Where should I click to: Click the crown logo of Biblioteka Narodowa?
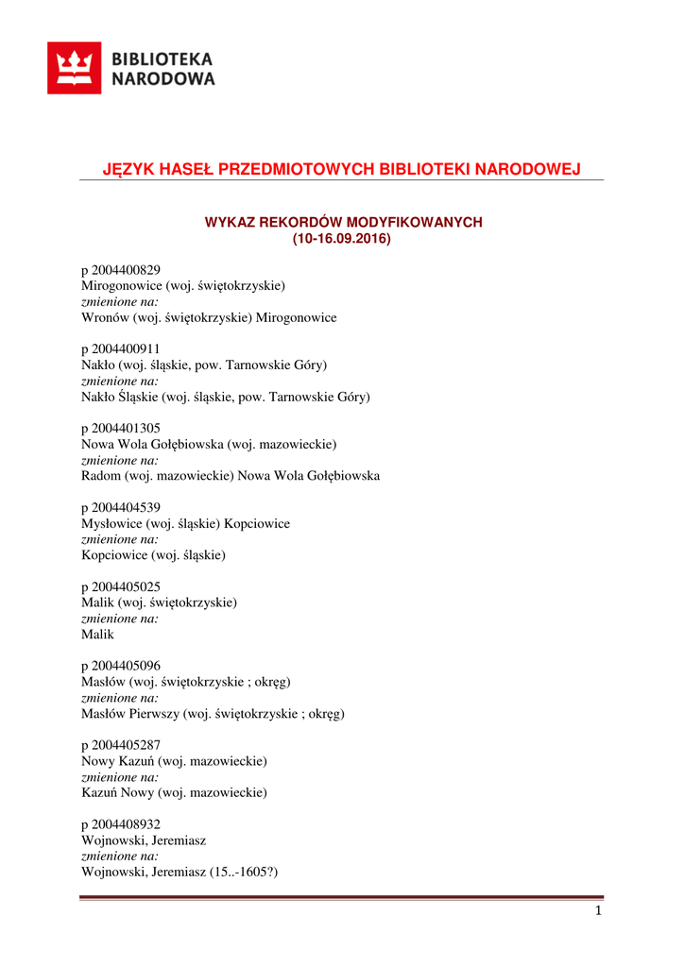pyautogui.click(x=74, y=68)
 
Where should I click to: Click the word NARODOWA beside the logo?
pyautogui.click(x=163, y=79)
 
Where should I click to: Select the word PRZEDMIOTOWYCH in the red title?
pyautogui.click(x=295, y=169)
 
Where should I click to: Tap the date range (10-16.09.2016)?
pyautogui.click(x=341, y=239)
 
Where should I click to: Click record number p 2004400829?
pyautogui.click(x=121, y=270)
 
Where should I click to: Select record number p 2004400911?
pyautogui.click(x=121, y=348)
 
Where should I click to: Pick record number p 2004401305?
pyautogui.click(x=121, y=428)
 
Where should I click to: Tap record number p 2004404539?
pyautogui.click(x=121, y=507)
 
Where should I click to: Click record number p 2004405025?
pyautogui.click(x=121, y=586)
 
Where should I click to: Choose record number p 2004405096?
pyautogui.click(x=121, y=666)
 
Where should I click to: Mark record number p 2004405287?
pyautogui.click(x=121, y=745)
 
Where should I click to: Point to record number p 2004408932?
pyautogui.click(x=121, y=824)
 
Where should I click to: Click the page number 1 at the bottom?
pyautogui.click(x=598, y=911)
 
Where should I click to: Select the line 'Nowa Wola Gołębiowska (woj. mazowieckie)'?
pyautogui.click(x=209, y=444)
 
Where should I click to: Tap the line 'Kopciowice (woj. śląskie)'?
pyautogui.click(x=153, y=555)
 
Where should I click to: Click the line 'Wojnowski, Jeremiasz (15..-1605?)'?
pyautogui.click(x=180, y=872)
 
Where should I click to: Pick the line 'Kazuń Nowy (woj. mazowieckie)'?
pyautogui.click(x=174, y=792)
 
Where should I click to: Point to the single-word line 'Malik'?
pyautogui.click(x=97, y=635)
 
